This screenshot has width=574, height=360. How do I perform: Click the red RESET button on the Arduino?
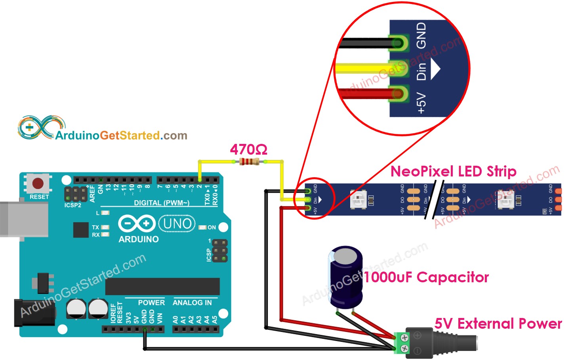(38, 184)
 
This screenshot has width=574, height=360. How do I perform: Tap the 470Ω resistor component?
(250, 161)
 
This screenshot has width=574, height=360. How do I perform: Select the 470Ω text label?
(248, 149)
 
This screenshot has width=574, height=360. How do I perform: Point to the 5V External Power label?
(498, 324)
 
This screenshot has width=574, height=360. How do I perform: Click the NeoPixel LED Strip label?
(453, 171)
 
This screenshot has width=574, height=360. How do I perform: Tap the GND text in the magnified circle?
(421, 35)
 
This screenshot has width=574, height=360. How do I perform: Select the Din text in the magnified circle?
(421, 71)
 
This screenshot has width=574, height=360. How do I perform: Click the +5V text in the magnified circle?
(421, 103)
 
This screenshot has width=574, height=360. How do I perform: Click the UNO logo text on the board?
(177, 224)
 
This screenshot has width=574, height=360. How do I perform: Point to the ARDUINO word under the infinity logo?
(138, 239)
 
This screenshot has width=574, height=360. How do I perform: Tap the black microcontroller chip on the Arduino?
(162, 286)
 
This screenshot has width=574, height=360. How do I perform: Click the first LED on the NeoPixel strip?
(359, 199)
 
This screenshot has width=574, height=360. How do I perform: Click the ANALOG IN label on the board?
(192, 303)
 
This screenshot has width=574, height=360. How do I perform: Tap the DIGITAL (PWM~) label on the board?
(161, 203)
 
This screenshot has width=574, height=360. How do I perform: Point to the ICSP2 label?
(72, 205)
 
